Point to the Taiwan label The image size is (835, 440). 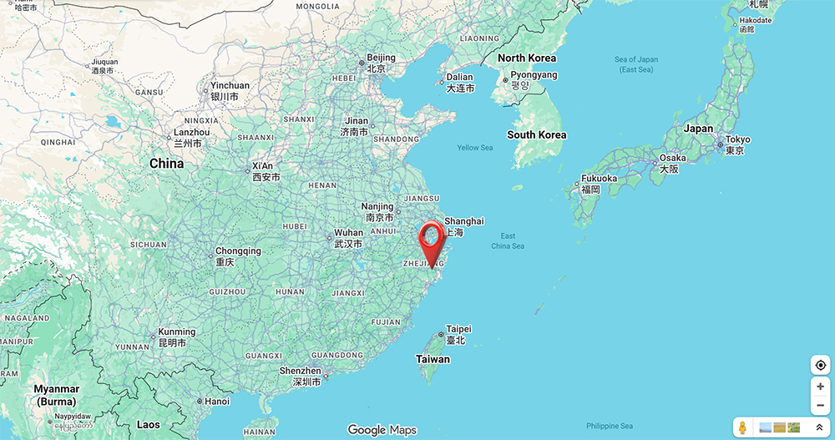coord(433,359)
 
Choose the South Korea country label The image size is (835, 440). coord(536,134)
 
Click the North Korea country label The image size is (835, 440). coord(526,58)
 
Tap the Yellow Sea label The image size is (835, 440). coord(475,148)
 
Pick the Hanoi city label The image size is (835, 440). coord(216,401)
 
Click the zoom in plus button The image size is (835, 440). coord(821,387)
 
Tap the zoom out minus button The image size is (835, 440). coord(821,405)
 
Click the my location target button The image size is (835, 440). coord(821,365)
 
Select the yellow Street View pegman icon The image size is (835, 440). coord(742,427)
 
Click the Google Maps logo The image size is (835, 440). coord(382,430)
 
